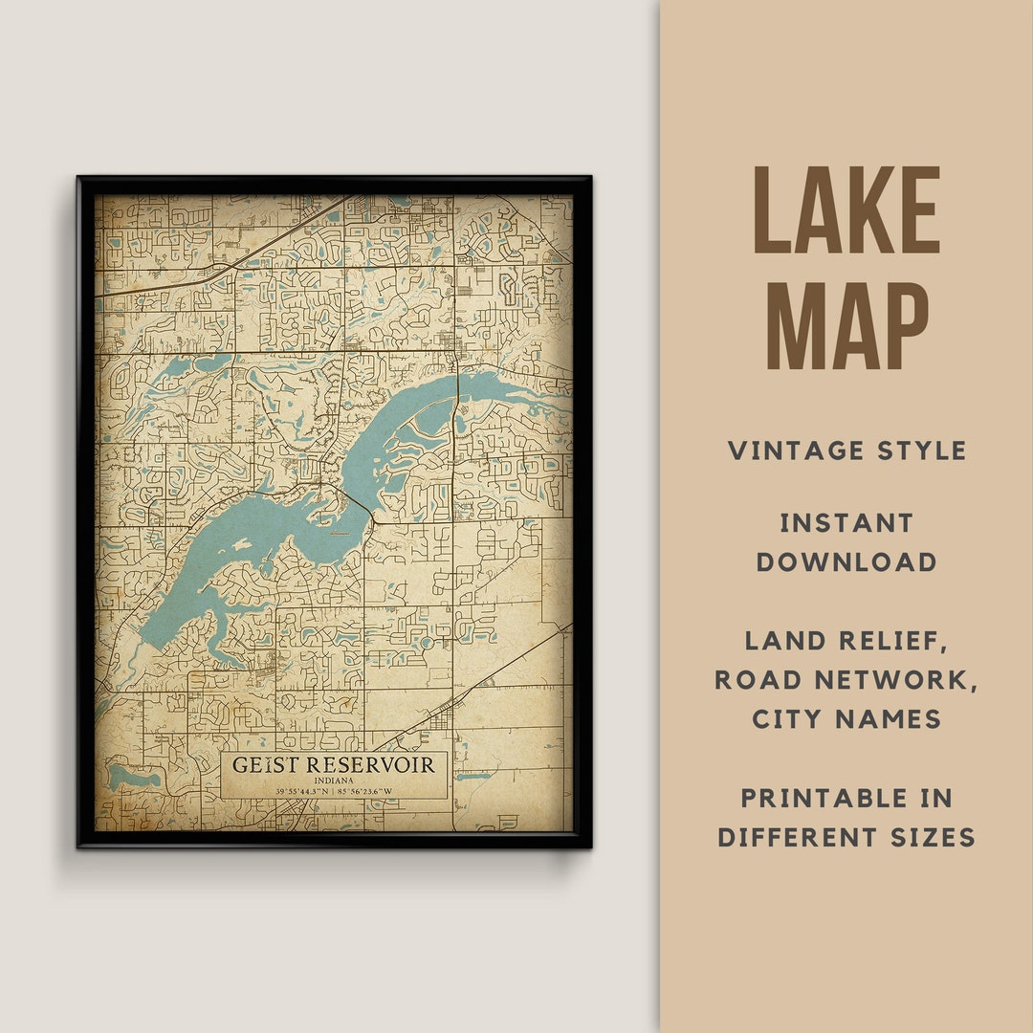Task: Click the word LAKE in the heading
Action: pyautogui.click(x=846, y=210)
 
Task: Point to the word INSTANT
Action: pyautogui.click(x=846, y=523)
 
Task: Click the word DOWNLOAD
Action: pyautogui.click(x=846, y=562)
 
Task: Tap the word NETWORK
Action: pyautogui.click(x=900, y=680)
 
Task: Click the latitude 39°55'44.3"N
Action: pyautogui.click(x=300, y=791)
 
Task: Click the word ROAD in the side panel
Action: pyautogui.click(x=758, y=680)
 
